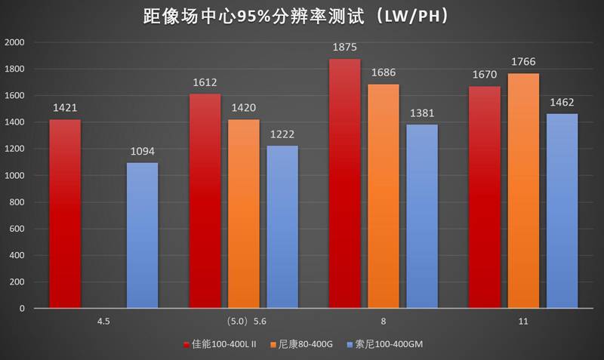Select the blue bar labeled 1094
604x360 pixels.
(142, 235)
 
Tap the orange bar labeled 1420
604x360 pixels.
(243, 214)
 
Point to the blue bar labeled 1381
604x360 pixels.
(421, 217)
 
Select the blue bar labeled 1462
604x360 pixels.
(562, 211)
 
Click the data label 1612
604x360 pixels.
(205, 85)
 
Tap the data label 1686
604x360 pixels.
(383, 74)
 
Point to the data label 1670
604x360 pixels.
(484, 76)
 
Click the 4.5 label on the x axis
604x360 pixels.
(104, 322)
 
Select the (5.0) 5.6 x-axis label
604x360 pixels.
(244, 322)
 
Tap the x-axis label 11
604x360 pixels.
(523, 322)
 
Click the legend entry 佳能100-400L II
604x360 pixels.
(223, 344)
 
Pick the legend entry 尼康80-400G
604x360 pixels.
(307, 344)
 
